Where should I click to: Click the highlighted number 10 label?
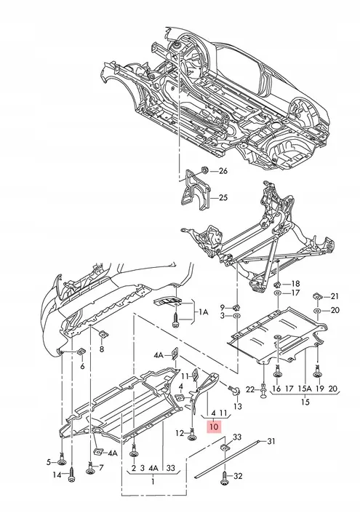[214, 426]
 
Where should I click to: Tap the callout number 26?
[223, 171]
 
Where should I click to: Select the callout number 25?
[223, 197]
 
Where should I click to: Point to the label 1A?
[204, 312]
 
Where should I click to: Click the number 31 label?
[271, 442]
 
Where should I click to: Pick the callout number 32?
[238, 476]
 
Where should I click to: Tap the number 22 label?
[250, 389]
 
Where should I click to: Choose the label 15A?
[304, 389]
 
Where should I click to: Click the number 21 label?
[335, 296]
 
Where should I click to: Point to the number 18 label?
[295, 284]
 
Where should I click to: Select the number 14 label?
[57, 475]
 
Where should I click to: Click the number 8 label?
[102, 349]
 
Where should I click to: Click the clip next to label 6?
[81, 352]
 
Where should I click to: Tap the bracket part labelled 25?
[196, 191]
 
